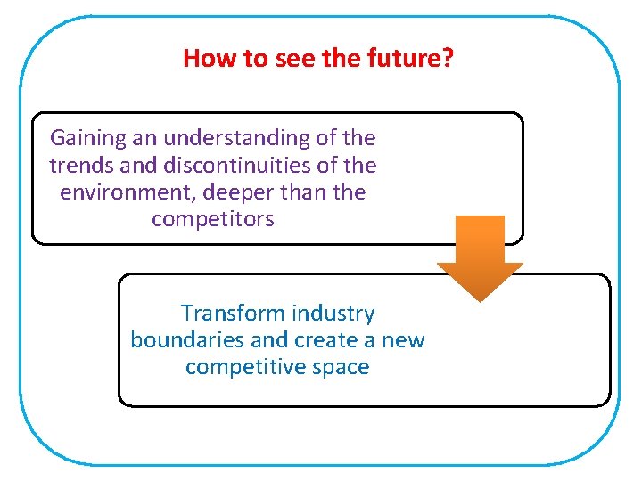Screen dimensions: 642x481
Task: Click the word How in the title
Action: click(x=204, y=59)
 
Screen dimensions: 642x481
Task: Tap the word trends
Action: click(x=78, y=166)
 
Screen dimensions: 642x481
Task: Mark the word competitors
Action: click(x=213, y=219)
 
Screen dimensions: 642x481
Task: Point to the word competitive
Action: click(x=243, y=367)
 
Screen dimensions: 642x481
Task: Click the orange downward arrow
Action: click(x=480, y=257)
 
